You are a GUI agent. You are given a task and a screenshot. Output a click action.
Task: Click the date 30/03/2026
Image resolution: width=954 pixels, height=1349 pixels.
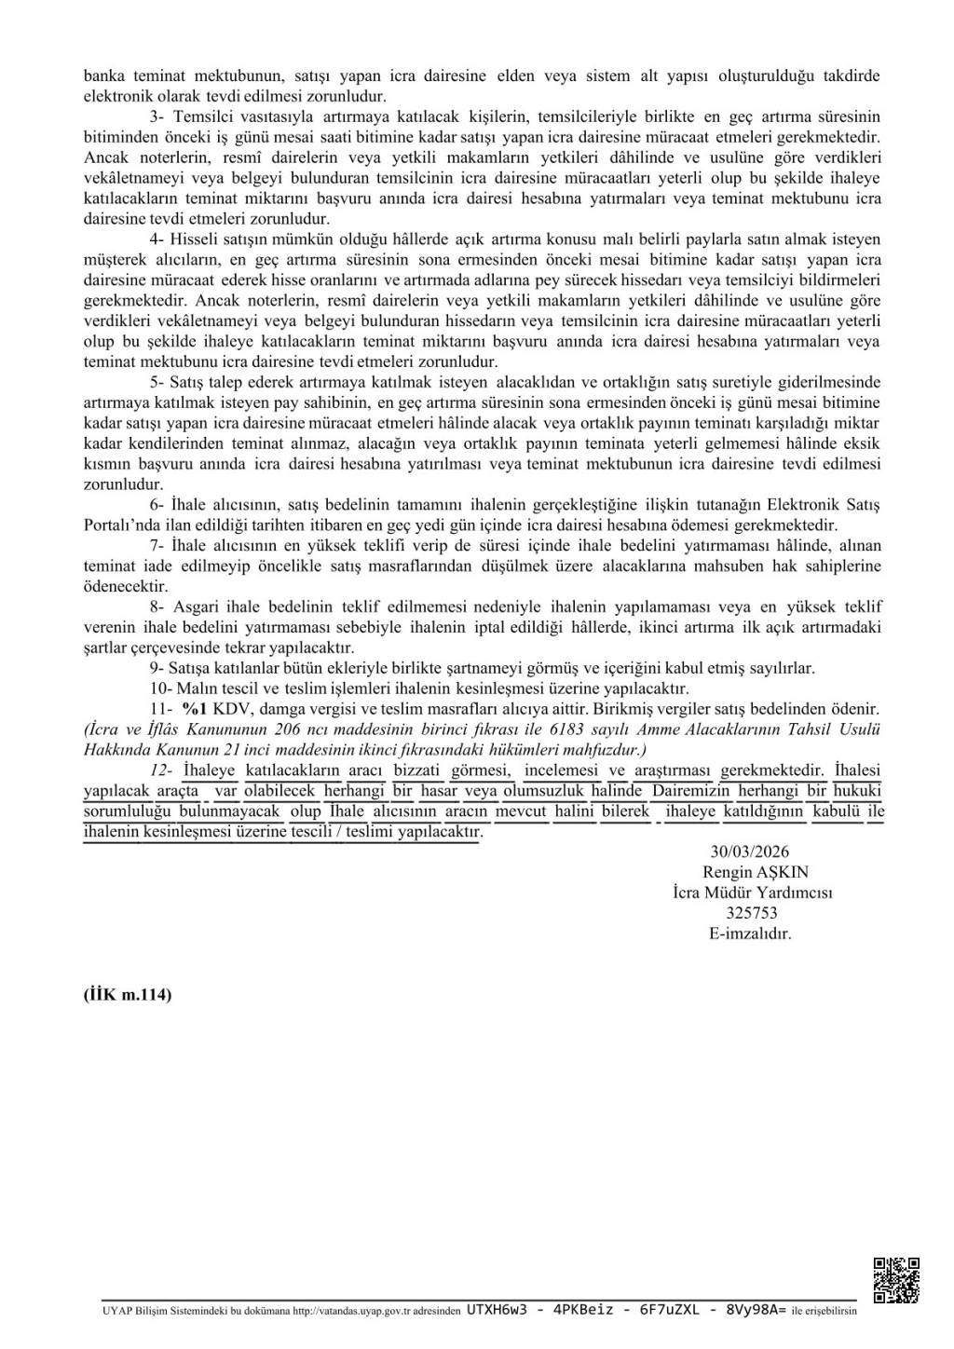point(749,852)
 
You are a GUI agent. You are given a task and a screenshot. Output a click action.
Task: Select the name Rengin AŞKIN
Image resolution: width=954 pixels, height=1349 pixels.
point(756,872)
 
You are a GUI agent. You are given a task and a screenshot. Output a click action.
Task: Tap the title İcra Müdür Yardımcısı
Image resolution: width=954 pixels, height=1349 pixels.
point(753,893)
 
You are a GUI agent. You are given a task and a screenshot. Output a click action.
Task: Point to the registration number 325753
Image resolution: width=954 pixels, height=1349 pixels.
point(751,913)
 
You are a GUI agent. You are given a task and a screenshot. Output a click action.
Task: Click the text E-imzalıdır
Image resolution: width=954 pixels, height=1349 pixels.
point(750,933)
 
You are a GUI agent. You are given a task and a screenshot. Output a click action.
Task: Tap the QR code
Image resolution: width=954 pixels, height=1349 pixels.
point(896,1280)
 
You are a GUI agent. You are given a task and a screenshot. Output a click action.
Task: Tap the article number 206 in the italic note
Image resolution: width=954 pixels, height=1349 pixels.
point(293,729)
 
